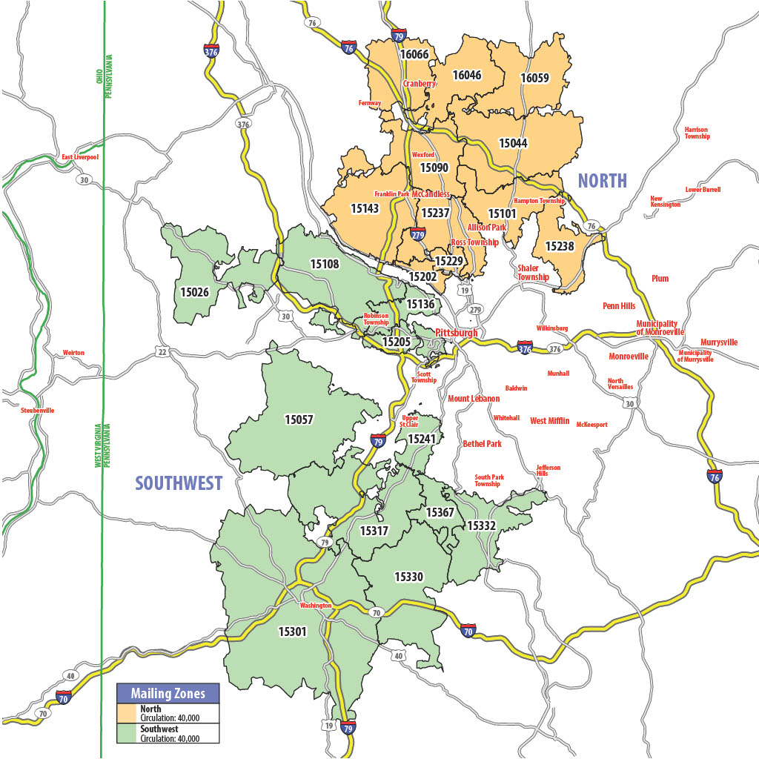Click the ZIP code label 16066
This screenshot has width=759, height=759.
point(414,55)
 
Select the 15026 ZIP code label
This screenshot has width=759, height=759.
point(194,291)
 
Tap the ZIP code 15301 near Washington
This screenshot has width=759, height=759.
point(292,632)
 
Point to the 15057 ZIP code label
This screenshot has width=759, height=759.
point(299,420)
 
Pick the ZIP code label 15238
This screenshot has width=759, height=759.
point(560,245)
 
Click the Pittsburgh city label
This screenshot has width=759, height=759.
point(456,333)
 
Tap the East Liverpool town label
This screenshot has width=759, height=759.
point(80,158)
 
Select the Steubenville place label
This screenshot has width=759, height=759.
point(38,410)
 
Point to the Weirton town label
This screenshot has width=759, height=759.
point(73,353)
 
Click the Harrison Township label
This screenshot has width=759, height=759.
point(697,133)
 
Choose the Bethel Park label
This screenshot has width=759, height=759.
point(482,444)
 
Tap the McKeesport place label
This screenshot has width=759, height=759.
point(591,425)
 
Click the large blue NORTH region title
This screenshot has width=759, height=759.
point(602,181)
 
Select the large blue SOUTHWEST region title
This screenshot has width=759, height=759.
point(179,483)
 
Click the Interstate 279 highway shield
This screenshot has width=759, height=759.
point(417,236)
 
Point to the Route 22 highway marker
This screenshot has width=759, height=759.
point(162,351)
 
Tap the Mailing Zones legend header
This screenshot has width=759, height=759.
point(168,694)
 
